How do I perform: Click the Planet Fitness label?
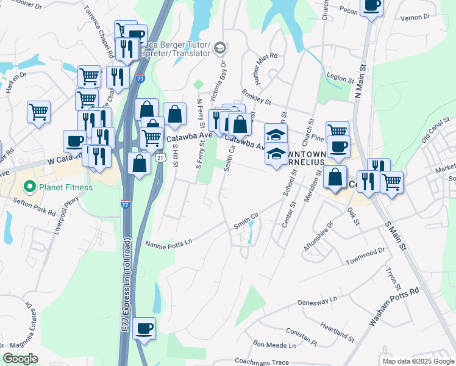pos(66,187)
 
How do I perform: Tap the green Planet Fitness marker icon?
pos(28,187)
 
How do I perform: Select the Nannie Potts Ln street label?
pos(169,244)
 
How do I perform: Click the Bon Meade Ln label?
pos(274,345)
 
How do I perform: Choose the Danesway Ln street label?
pos(317,301)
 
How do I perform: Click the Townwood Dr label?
pos(365,256)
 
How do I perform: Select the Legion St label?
pos(340,79)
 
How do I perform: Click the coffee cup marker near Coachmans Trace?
pos(144,329)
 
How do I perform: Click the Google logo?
pos(21,358)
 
